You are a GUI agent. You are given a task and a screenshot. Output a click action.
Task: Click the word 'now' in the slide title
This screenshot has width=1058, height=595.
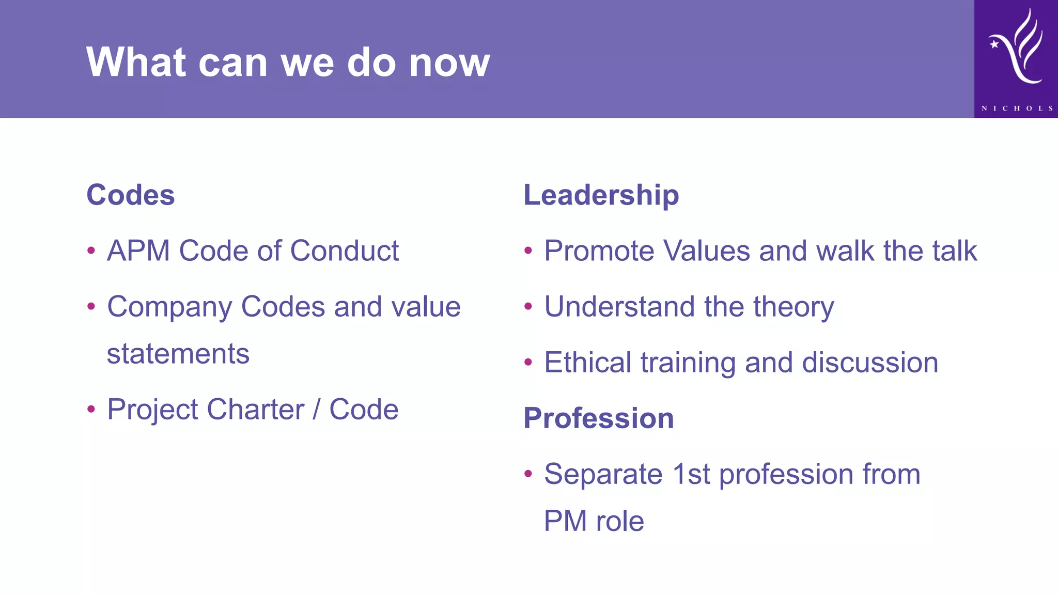pos(449,63)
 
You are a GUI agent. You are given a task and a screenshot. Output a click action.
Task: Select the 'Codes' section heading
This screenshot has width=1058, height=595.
pos(131,195)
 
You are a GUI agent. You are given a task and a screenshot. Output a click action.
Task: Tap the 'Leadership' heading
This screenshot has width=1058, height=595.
pos(601,195)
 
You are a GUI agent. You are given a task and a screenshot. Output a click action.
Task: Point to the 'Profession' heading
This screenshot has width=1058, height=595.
pos(598,418)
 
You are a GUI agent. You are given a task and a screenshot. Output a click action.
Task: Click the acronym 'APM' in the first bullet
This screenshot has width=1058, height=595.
pos(138,251)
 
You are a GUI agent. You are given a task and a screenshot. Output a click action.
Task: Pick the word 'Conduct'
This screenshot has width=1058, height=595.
pos(344,251)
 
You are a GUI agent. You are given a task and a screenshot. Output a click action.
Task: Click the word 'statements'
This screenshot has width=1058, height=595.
pos(178,354)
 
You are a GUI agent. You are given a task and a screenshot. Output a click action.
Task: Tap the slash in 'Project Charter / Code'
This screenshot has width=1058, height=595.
pos(317,410)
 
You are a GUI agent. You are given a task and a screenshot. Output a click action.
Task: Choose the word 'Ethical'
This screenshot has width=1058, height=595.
pos(588,363)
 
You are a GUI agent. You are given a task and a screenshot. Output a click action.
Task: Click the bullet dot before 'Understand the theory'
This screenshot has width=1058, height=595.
pos(528,306)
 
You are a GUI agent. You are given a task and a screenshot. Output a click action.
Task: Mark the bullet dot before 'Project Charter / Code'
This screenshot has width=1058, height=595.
pos(91,409)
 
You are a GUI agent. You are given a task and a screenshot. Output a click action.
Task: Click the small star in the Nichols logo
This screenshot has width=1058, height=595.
pos(994,44)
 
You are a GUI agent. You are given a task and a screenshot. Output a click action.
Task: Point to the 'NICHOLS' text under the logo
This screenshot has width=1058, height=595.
pos(1017,108)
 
